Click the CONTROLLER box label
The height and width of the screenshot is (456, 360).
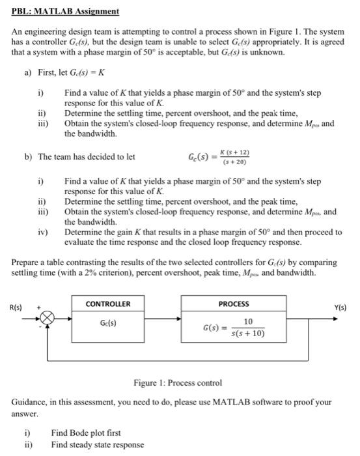(108, 304)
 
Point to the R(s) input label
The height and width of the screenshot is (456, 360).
(14, 306)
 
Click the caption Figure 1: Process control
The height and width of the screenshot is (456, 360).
(178, 382)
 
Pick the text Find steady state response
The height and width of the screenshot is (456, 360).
(98, 445)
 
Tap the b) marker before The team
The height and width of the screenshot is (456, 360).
(29, 157)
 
